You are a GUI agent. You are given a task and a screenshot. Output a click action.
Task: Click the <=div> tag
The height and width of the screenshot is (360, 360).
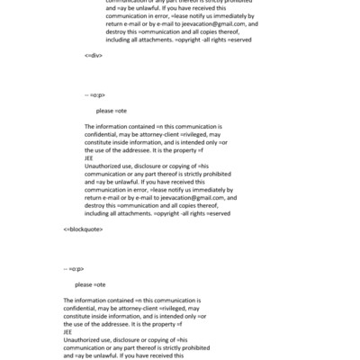93,56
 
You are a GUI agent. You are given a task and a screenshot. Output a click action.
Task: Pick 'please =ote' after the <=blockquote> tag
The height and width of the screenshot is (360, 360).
90,284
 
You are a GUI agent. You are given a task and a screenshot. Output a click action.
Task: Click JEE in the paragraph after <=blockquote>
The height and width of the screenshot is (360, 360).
68,331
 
